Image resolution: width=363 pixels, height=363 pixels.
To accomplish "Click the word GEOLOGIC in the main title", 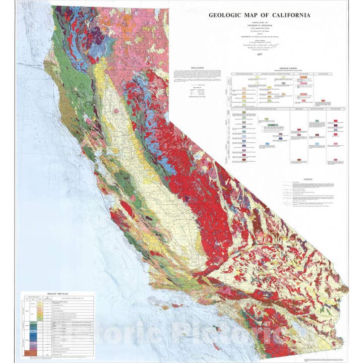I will coord(226,15).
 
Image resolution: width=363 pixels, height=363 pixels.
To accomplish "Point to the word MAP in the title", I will coord(253,15).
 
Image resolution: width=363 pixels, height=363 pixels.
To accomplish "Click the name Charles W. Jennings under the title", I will coord(260,27).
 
